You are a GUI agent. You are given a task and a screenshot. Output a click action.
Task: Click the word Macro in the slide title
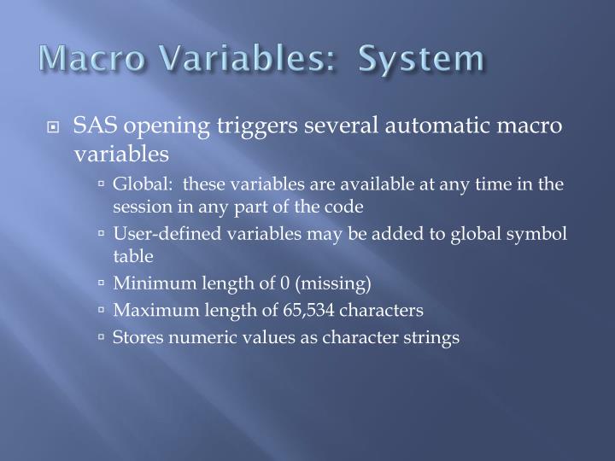[x=79, y=60]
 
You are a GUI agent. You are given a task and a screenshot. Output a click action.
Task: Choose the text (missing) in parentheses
[x=329, y=283]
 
